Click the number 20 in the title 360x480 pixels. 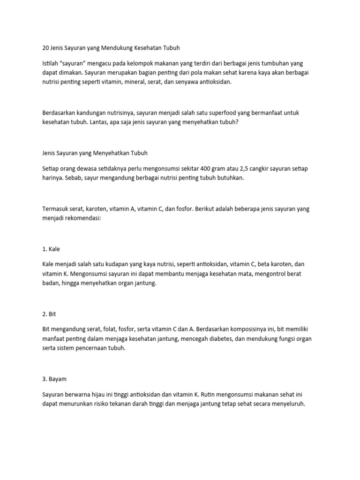pos(45,48)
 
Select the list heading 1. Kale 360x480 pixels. pos(51,249)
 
